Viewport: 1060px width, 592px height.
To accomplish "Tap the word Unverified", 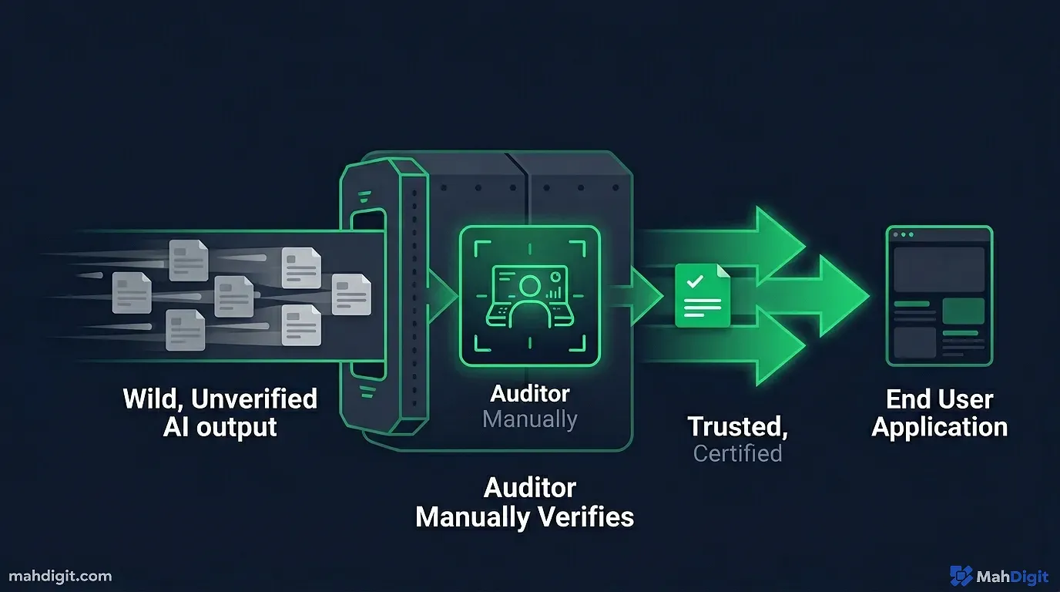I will click(253, 399).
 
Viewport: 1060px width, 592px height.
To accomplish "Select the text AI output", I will click(220, 426).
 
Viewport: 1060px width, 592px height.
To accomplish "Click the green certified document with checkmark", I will click(702, 295).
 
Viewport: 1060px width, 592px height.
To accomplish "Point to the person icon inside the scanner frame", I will click(529, 297).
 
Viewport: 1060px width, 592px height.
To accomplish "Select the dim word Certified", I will click(737, 453).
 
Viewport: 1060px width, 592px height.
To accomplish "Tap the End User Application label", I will click(939, 413).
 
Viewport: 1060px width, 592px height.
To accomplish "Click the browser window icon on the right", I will click(939, 295).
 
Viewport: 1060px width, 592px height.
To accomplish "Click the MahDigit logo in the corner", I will click(999, 576).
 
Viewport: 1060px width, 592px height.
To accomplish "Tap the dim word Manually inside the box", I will click(529, 419).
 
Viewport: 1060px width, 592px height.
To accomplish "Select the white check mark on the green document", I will click(695, 281).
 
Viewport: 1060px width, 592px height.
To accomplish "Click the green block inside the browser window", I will click(963, 311).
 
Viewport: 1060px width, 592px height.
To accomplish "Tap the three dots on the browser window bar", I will click(901, 234).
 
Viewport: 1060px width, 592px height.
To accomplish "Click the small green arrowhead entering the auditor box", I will click(441, 295).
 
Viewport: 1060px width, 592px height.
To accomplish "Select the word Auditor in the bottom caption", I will click(529, 488).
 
